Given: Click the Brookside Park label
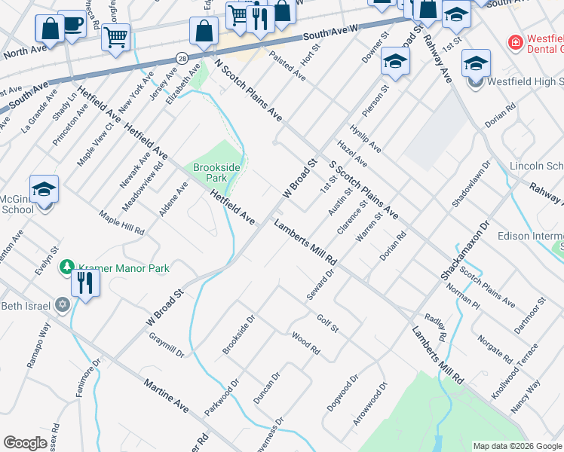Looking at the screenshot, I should [210, 173].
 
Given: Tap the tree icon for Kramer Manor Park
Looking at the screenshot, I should [68, 267].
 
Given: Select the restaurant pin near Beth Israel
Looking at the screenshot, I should [85, 284].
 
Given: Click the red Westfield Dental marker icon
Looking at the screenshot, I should [516, 43].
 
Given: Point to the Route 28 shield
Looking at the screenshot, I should [182, 57].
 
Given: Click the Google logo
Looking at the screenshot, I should [25, 444].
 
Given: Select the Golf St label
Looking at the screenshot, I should [328, 323].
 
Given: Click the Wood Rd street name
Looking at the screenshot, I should [305, 346].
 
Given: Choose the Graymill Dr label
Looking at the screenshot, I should [166, 345].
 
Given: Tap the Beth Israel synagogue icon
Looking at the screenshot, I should [63, 305].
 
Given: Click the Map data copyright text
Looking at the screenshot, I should [516, 446].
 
